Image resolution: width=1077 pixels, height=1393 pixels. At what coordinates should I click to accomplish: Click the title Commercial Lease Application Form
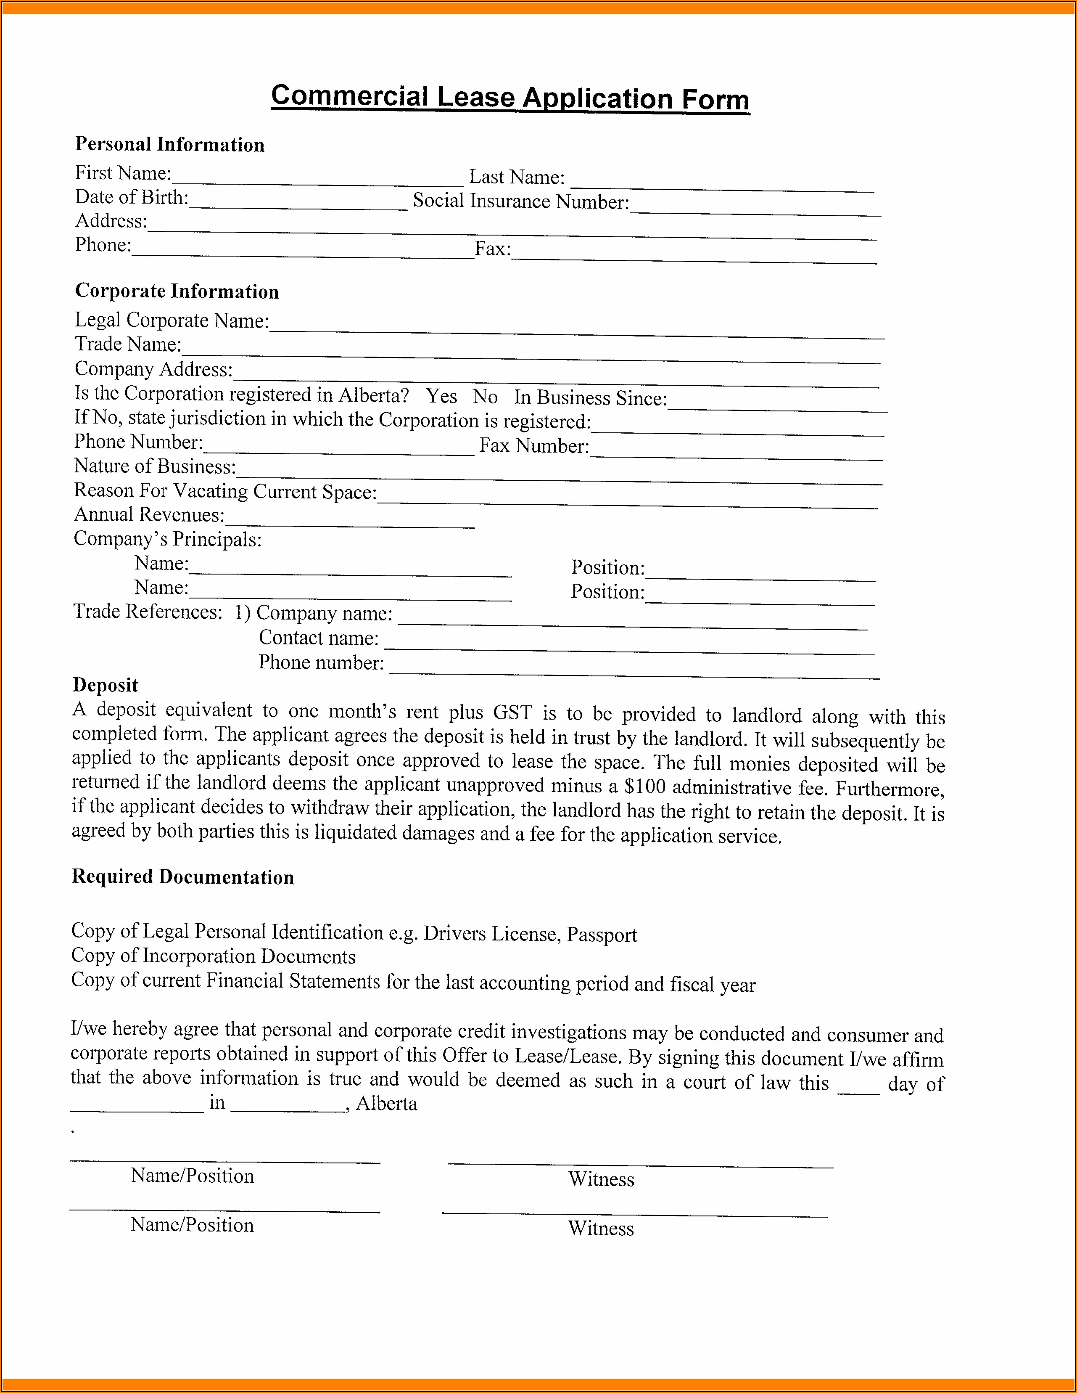(x=510, y=98)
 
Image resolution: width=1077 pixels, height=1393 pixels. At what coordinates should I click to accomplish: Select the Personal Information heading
(x=169, y=145)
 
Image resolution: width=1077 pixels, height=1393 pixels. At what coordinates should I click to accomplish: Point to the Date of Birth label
(x=131, y=198)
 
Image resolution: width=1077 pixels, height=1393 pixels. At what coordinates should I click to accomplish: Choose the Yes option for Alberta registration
(x=441, y=396)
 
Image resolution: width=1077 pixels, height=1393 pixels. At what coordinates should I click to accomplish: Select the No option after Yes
(x=485, y=397)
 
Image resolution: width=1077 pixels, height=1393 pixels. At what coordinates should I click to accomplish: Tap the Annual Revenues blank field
(x=349, y=520)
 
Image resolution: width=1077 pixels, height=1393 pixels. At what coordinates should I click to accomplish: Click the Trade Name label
(x=127, y=344)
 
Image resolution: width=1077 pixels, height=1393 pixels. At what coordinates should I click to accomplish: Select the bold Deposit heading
(x=105, y=685)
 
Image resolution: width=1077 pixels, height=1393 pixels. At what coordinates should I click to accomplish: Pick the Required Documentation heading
(x=182, y=877)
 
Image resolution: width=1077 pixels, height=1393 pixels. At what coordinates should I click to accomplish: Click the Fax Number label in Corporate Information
(x=534, y=445)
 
